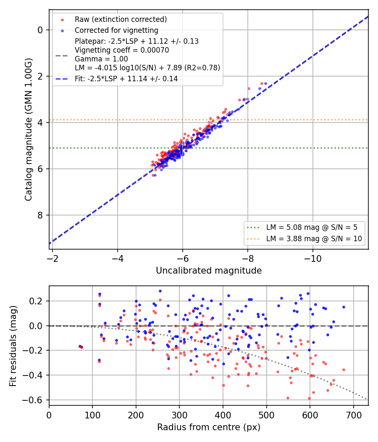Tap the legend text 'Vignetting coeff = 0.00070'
tap(122, 50)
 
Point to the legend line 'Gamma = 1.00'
tap(101, 59)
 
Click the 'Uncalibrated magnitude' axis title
tap(209, 271)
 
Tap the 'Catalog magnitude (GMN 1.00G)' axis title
tap(29, 129)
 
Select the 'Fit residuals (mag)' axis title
tap(13, 346)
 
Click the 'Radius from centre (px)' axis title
tap(209, 427)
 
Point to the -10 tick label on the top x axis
tap(312, 258)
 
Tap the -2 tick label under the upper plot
tap(52, 258)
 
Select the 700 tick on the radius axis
tap(353, 415)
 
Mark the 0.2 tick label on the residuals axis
tap(36, 301)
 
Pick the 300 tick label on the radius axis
tap(179, 415)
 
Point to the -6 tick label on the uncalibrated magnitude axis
tap(182, 258)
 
